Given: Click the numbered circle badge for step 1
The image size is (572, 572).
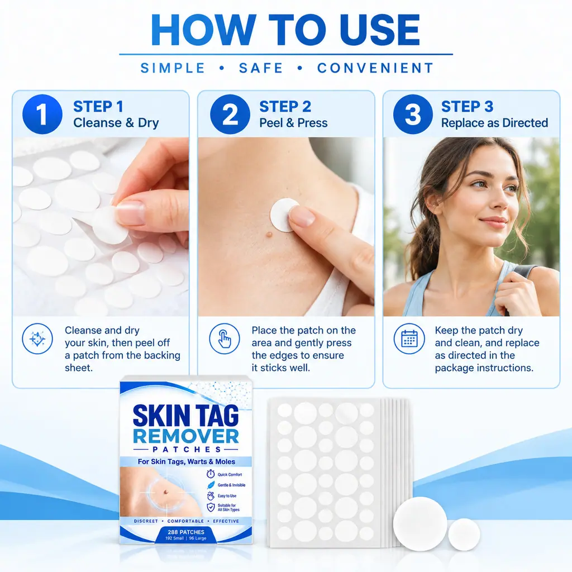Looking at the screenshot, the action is coord(42,114).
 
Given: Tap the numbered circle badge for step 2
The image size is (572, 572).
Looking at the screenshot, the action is coord(230,114).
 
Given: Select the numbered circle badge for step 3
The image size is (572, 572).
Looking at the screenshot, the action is coord(413,114).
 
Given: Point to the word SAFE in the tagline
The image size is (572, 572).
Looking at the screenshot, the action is coord(261,68).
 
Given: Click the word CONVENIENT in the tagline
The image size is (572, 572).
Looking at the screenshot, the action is coord(376,68).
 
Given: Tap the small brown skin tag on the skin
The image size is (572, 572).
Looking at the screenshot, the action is coord(269,234).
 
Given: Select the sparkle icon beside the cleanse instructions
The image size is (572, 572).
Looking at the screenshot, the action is coord(37,339).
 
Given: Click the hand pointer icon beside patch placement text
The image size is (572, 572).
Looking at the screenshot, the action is coord(225,339).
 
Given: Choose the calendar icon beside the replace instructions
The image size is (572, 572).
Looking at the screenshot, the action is coord(409,339).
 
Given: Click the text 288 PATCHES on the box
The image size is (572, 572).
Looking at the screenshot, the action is coord(186,532).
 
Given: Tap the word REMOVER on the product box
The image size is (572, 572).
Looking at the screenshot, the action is coord(186,436).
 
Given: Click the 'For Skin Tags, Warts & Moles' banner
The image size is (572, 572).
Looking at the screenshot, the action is coord(186,461).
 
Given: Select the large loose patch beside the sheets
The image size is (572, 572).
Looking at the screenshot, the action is coord(420,524).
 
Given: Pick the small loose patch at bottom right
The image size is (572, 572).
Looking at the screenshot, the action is coord(464,535).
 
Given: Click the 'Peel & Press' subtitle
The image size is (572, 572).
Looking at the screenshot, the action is coord(293,123).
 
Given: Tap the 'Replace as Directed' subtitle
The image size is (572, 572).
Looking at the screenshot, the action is coord(495,123).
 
